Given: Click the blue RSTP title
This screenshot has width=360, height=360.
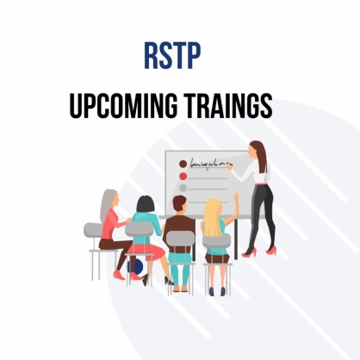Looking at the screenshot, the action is point(172,56).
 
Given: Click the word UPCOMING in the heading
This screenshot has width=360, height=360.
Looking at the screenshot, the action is point(123,106).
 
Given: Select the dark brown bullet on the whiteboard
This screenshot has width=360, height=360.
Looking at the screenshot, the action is point(183,164).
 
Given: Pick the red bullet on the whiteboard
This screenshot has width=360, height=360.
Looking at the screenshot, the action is point(183,177).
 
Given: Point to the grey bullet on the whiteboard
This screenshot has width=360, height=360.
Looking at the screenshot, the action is point(183,189).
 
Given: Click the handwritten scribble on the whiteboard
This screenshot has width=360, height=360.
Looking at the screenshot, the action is point(209,164).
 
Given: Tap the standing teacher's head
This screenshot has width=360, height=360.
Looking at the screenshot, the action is point(256,149).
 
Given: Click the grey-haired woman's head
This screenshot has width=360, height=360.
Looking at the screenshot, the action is point(111,199).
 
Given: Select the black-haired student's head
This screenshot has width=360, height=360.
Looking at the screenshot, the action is point(146,204).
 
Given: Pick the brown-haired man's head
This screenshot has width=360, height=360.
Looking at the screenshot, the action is point(180,204).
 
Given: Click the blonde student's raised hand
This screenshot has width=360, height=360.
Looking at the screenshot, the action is point(236,196).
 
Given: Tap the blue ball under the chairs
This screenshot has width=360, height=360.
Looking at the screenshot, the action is point(135,266).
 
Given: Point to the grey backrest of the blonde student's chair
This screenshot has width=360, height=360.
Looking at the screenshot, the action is point(216,240).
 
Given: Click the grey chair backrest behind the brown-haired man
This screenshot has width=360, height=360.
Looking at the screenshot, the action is point(181,239).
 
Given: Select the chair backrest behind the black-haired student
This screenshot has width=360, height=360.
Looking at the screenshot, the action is point(140,229).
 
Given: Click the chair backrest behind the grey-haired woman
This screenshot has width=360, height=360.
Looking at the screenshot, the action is point(93,230).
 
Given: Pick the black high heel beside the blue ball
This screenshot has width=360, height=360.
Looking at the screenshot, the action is point(146,279).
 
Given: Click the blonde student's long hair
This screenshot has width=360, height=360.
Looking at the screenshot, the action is point(213,218).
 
